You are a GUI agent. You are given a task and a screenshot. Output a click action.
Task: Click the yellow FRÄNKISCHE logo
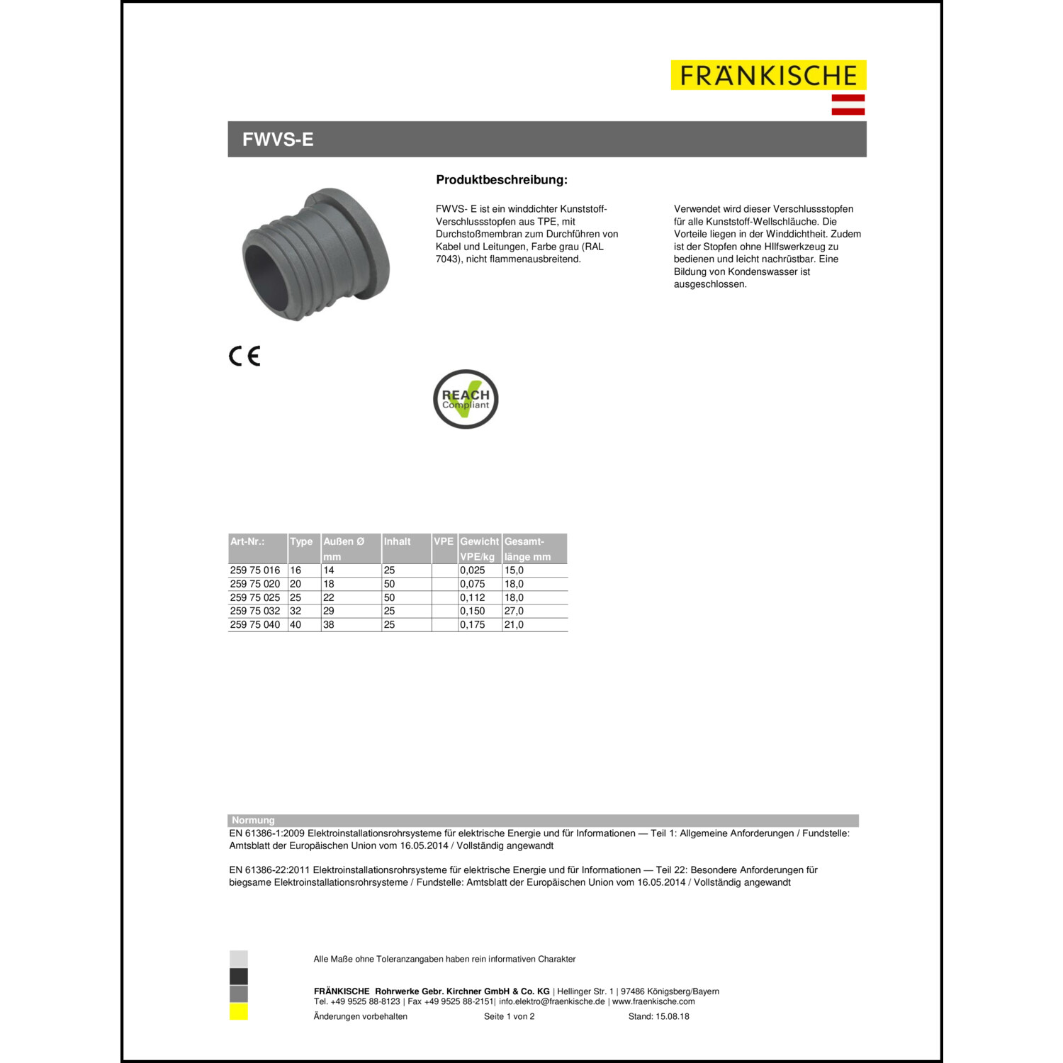[768, 75]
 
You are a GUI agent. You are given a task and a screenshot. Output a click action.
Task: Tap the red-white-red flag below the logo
[848, 104]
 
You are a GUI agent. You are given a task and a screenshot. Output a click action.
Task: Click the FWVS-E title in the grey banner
[278, 140]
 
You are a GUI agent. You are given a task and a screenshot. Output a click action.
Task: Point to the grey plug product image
[315, 254]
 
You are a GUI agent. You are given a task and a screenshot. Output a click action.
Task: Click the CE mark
[244, 356]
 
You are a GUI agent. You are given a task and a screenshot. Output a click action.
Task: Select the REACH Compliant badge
[466, 399]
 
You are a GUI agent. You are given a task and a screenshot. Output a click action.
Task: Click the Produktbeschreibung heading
[502, 180]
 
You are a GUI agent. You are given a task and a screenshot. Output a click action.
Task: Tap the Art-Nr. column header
[247, 541]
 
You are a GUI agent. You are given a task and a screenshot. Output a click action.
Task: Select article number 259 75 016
[255, 570]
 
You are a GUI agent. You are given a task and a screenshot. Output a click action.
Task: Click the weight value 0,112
[473, 597]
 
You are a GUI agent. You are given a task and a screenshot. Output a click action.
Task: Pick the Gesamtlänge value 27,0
[514, 611]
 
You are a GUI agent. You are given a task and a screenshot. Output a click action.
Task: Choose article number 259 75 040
[255, 624]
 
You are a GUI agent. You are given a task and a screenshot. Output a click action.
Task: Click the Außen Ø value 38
[329, 624]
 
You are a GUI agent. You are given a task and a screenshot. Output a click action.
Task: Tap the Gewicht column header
[479, 541]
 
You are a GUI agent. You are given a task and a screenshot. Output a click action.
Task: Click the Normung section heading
[253, 820]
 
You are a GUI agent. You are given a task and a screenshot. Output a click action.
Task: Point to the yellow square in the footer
[239, 1012]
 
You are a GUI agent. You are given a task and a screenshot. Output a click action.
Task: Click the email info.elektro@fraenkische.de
[552, 1001]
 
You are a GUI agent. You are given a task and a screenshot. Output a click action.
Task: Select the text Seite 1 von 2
[509, 1016]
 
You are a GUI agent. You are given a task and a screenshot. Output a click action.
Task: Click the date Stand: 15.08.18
[658, 1016]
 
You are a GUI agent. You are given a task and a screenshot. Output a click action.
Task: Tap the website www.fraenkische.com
[653, 1001]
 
